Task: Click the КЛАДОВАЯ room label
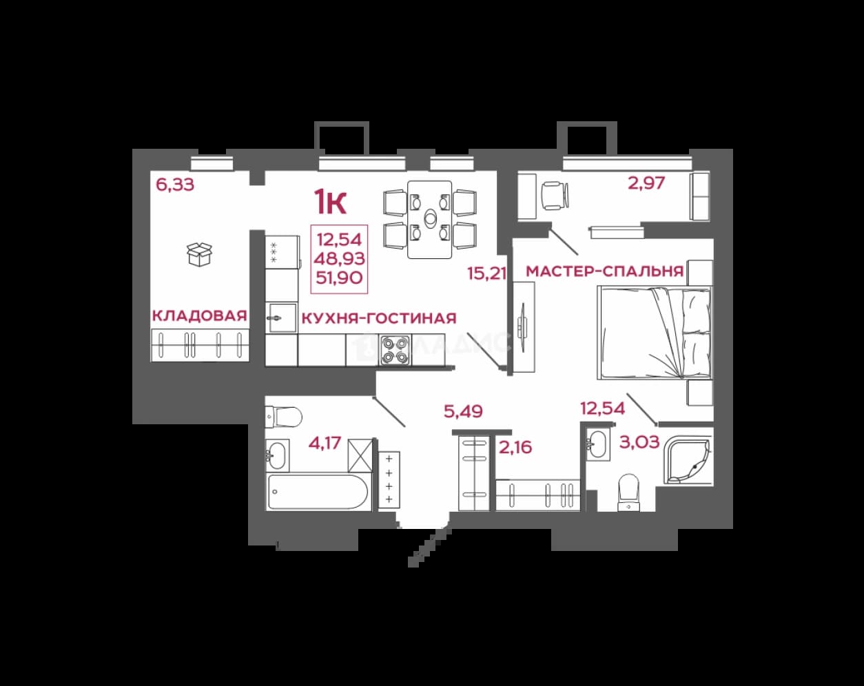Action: pyautogui.click(x=200, y=315)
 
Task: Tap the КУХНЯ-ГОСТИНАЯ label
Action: pyautogui.click(x=379, y=318)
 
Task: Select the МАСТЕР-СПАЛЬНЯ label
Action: pyautogui.click(x=605, y=271)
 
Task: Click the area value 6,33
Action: pyautogui.click(x=175, y=185)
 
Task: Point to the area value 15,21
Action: pyautogui.click(x=487, y=273)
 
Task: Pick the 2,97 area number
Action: pyautogui.click(x=646, y=183)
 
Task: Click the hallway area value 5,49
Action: pyautogui.click(x=463, y=411)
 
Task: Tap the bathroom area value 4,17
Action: pyautogui.click(x=325, y=443)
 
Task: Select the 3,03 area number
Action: pyautogui.click(x=639, y=442)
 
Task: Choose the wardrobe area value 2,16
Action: pyautogui.click(x=515, y=447)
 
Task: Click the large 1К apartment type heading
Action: pyautogui.click(x=330, y=202)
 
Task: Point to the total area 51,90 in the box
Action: pyautogui.click(x=339, y=278)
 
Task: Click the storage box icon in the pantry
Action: pyautogui.click(x=200, y=254)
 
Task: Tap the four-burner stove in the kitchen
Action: pyautogui.click(x=395, y=351)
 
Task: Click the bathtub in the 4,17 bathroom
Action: pyautogui.click(x=317, y=492)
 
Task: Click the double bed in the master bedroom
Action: pyautogui.click(x=655, y=333)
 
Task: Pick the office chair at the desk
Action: pyautogui.click(x=555, y=196)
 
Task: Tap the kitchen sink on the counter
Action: pyautogui.click(x=282, y=318)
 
